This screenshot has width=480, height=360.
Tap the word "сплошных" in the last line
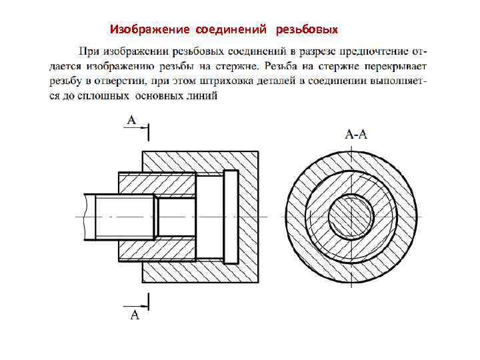coord(106,96)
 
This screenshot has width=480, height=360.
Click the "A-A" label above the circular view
coord(356,134)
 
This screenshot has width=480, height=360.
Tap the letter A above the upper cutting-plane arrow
coord(131,120)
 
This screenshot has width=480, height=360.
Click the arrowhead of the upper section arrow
coord(142,131)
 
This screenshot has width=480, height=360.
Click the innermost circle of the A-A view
coord(350,217)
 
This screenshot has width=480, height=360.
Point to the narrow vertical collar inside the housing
coord(230,217)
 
